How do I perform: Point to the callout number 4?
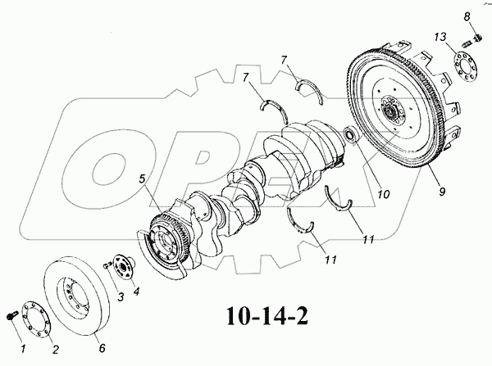click(x=137, y=291)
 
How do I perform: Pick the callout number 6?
click(x=102, y=348)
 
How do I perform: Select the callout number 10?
click(x=383, y=194)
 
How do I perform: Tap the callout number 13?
click(x=440, y=37)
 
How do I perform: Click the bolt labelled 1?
click(x=11, y=314)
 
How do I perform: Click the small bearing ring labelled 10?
click(x=349, y=133)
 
